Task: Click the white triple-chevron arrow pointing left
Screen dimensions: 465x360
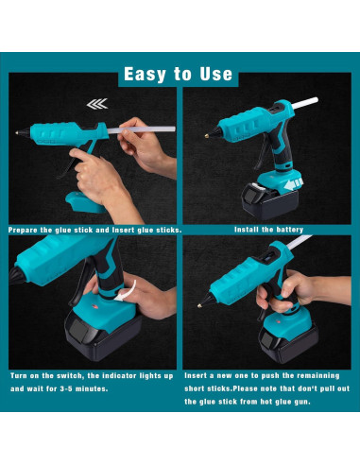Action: pyautogui.click(x=95, y=107)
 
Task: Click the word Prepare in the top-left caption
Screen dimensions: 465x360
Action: pyautogui.click(x=26, y=229)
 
